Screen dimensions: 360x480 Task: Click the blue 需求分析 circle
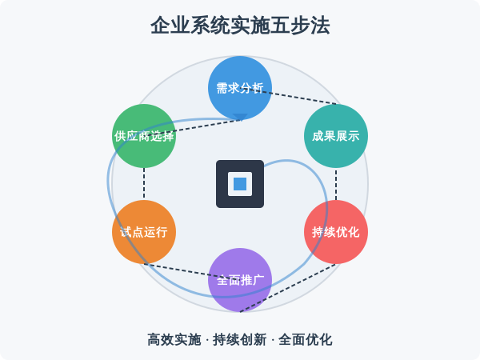[x=240, y=88]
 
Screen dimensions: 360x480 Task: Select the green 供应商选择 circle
[x=144, y=136]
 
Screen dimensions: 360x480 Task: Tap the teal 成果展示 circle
[x=336, y=136]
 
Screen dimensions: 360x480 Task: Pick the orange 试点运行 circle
[x=144, y=232]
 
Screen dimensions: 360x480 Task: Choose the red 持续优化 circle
[x=336, y=232]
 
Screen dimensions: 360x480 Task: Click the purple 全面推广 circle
[x=240, y=280]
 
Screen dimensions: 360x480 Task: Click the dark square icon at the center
[x=240, y=184]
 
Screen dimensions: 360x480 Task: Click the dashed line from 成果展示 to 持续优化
[x=336, y=184]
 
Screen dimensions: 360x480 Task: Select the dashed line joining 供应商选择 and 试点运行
[x=144, y=184]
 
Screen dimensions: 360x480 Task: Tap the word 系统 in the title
[x=204, y=26]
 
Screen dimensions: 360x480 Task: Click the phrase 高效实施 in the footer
[x=174, y=339]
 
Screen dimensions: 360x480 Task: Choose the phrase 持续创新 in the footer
[x=239, y=339]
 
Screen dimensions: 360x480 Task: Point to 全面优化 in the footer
[x=306, y=339]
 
